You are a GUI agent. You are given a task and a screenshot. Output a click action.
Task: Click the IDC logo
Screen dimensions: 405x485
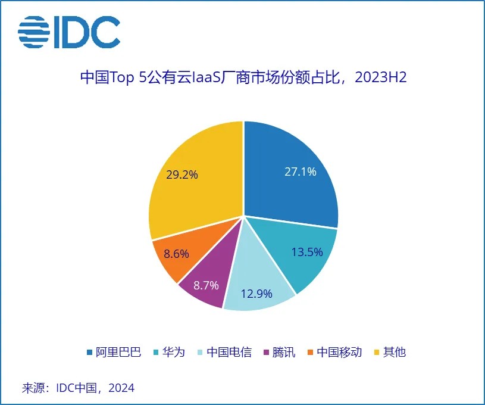(x=69, y=32)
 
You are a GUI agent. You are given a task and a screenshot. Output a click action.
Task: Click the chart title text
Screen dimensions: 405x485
(x=243, y=78)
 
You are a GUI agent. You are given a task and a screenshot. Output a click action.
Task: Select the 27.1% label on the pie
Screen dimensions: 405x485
(x=300, y=172)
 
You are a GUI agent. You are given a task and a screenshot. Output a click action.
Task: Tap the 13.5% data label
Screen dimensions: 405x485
(x=307, y=251)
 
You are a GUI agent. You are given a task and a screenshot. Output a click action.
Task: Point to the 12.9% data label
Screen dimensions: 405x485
(x=256, y=293)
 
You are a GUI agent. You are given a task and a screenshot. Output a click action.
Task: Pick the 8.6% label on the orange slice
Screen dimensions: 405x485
(x=176, y=254)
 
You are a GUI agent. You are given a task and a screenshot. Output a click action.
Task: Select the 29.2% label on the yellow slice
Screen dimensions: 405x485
(x=182, y=175)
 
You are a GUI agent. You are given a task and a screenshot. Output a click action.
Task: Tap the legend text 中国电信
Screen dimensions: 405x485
(x=229, y=352)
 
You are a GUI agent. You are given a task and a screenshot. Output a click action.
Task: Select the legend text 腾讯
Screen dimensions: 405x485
(x=284, y=352)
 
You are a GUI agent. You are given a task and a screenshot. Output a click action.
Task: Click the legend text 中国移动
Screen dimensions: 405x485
(x=339, y=352)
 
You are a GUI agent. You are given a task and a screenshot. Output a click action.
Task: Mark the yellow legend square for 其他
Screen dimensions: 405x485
(x=376, y=352)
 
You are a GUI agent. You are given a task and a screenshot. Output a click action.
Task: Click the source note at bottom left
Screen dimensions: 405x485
(x=78, y=388)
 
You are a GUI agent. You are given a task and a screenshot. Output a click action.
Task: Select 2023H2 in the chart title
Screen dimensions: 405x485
(x=380, y=78)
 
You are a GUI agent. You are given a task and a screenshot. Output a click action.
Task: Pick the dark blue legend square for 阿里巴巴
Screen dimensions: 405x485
(x=89, y=352)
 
